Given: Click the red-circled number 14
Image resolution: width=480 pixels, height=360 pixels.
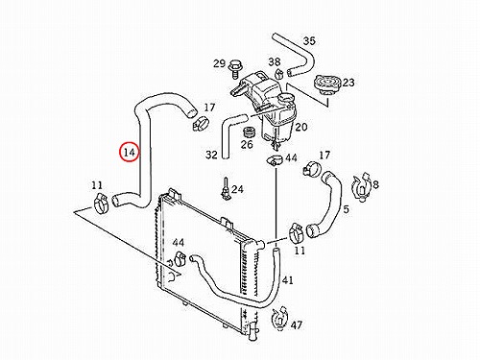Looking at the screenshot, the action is [x=130, y=153].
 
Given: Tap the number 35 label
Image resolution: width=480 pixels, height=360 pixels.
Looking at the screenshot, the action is [x=309, y=41].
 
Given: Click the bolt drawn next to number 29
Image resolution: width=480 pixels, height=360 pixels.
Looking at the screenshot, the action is [x=235, y=69].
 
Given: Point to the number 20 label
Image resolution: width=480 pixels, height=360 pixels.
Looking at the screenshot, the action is [x=300, y=127].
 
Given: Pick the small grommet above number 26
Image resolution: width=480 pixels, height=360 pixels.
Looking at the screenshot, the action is [x=249, y=132].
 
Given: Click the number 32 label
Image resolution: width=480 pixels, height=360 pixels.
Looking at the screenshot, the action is [x=211, y=155].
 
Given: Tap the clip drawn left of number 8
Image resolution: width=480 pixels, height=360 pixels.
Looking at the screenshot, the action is [x=361, y=187].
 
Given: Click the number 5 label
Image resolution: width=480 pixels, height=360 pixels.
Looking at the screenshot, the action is [x=346, y=209].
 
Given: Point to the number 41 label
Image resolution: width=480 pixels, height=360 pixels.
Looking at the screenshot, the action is [x=288, y=280].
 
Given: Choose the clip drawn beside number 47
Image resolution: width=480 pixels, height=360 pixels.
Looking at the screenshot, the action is [x=279, y=319].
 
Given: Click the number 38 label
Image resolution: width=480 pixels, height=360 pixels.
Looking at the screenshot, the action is [x=275, y=61].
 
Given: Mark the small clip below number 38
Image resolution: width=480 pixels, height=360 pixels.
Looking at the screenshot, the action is [x=279, y=74].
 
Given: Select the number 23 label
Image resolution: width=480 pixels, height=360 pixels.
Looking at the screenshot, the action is [x=348, y=83].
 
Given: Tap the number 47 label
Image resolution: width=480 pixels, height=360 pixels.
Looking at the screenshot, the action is [x=297, y=325].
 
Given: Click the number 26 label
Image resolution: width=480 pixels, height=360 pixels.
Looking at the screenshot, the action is [x=247, y=145].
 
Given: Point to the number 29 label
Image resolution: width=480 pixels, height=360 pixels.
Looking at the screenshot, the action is [x=220, y=63].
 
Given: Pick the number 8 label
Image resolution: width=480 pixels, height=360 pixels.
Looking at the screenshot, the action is [x=375, y=184].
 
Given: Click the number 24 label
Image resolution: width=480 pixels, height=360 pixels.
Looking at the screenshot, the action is [x=237, y=189].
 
